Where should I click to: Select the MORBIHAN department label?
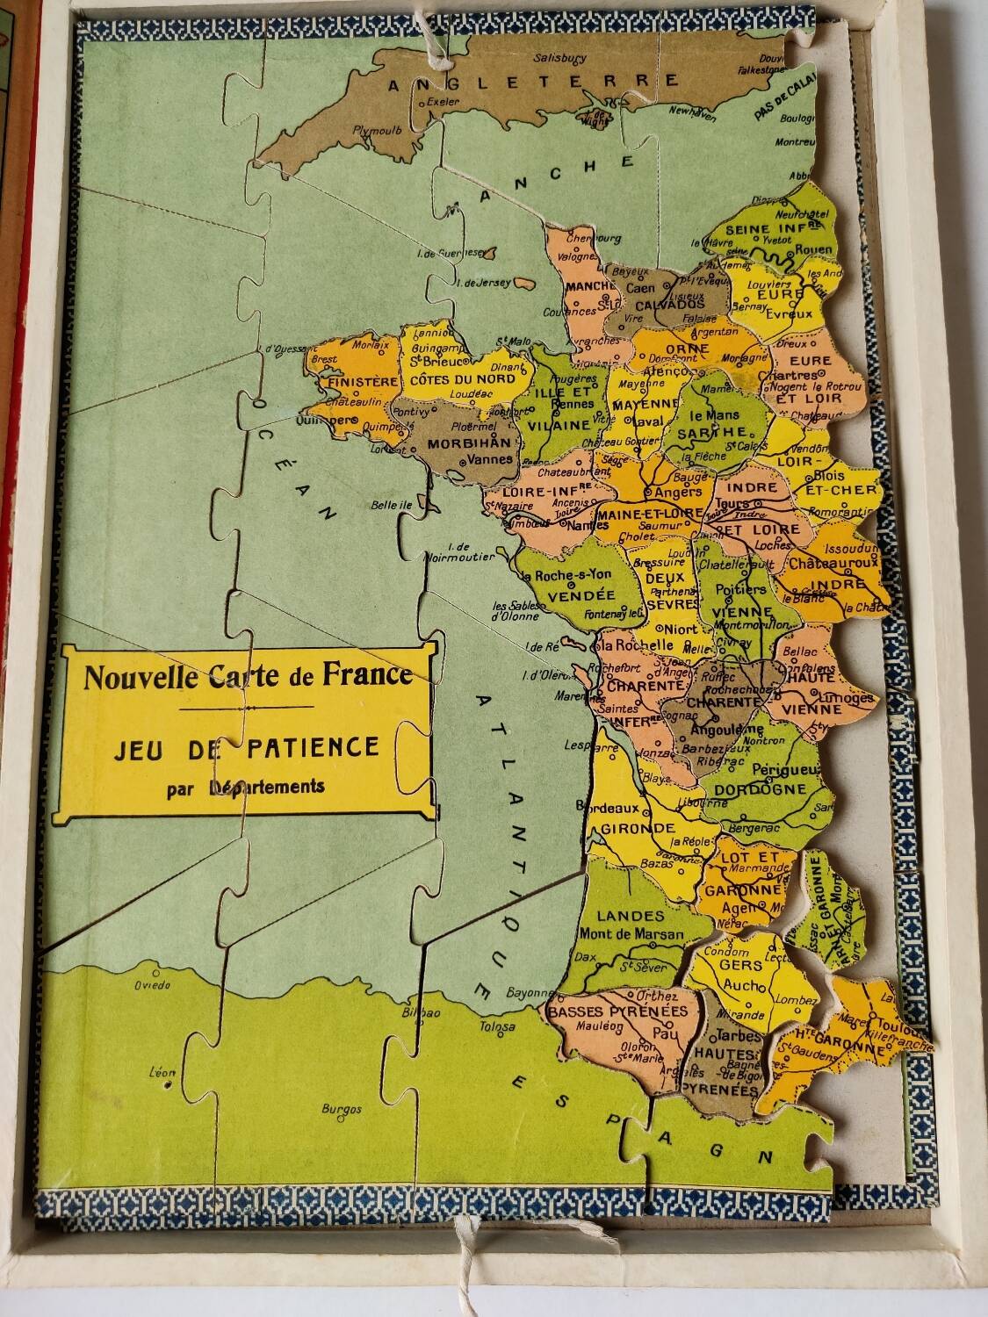pos(456,443)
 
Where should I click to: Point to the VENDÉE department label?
pos(569,595)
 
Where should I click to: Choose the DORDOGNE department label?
pos(760,788)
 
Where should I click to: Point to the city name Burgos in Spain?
pos(342,1109)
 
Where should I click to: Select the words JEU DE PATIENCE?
pos(246,747)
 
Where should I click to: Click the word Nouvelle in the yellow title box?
pos(141,677)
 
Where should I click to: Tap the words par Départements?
pos(245,787)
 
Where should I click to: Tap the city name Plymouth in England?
pos(377,130)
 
